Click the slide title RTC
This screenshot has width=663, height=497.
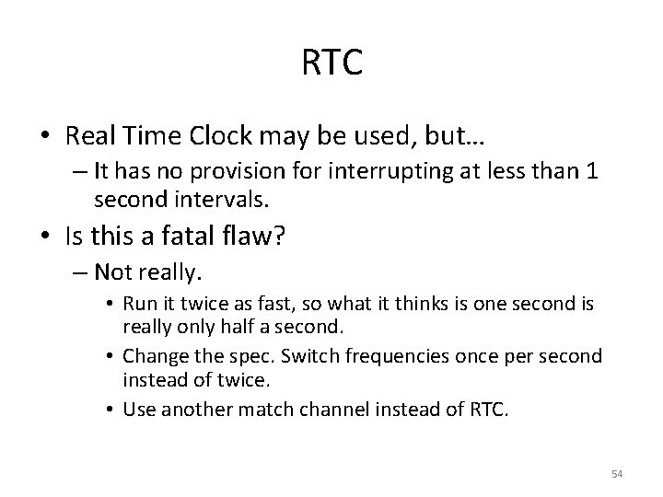[331, 64]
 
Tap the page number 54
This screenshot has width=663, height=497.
[617, 474]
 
